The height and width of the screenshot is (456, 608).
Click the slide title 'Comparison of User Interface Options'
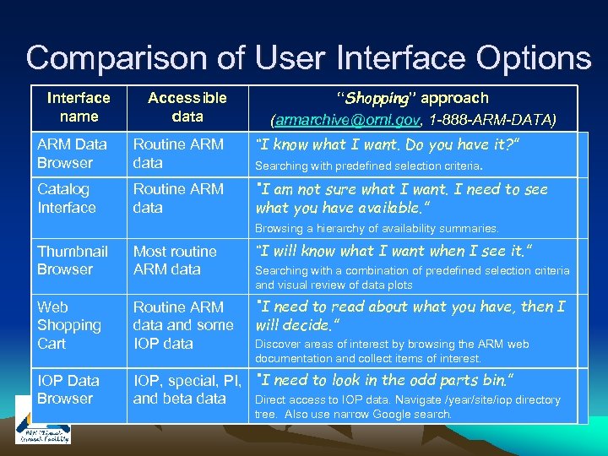click(x=308, y=57)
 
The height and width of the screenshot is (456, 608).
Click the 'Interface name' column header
click(x=79, y=107)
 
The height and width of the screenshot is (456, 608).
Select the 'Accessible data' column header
click(x=187, y=107)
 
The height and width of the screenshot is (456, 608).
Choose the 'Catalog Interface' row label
click(x=67, y=198)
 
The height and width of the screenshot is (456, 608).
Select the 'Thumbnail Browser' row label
click(x=73, y=260)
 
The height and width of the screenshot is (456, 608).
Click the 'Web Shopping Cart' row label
click(x=69, y=325)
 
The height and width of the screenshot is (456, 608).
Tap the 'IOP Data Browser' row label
click(x=68, y=389)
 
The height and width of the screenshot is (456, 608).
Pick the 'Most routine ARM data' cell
click(x=175, y=260)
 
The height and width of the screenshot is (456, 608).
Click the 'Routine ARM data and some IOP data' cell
click(x=182, y=325)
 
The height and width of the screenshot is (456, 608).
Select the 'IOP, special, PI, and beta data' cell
click(x=187, y=389)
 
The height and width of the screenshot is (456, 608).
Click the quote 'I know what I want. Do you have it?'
click(x=387, y=144)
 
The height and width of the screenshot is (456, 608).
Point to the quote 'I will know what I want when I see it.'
click(x=394, y=250)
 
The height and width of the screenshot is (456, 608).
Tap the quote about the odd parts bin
click(x=384, y=380)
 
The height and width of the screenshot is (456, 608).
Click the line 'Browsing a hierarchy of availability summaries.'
click(x=377, y=228)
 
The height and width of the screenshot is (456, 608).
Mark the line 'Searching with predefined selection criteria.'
click(x=369, y=166)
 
